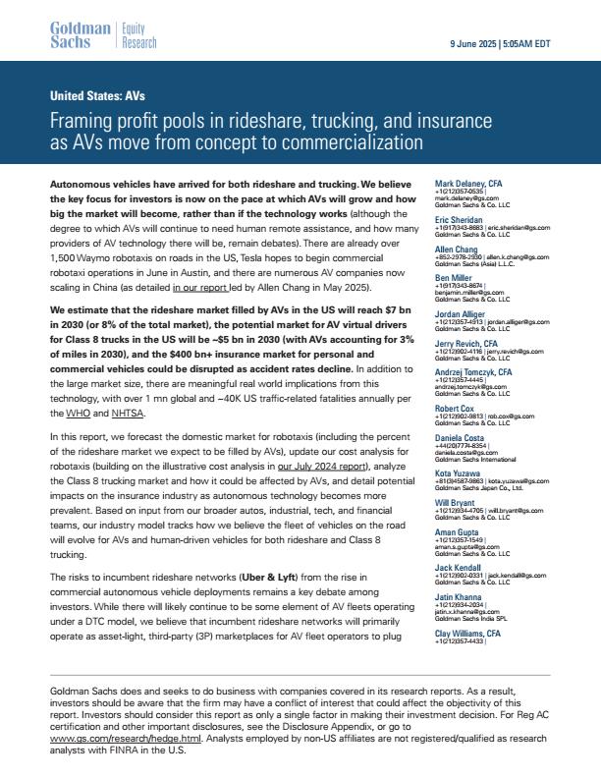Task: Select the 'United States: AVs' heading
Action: click(97, 96)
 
